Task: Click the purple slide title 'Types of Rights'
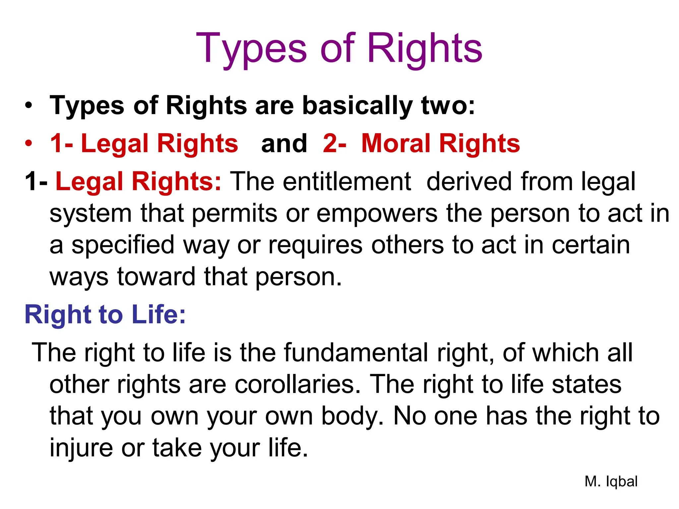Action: tap(339, 49)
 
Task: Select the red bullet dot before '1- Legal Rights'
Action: tap(29, 143)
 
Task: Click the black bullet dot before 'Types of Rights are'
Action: tap(29, 105)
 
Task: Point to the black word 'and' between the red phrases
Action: tap(284, 143)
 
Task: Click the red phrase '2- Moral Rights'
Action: tap(421, 143)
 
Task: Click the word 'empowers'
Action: tap(377, 213)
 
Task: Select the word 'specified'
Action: tap(123, 245)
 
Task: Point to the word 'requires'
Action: tap(315, 245)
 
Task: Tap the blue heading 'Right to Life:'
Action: tap(105, 314)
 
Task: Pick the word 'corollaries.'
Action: tap(297, 384)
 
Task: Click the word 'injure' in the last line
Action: tap(81, 448)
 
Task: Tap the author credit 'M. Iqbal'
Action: tap(611, 481)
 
